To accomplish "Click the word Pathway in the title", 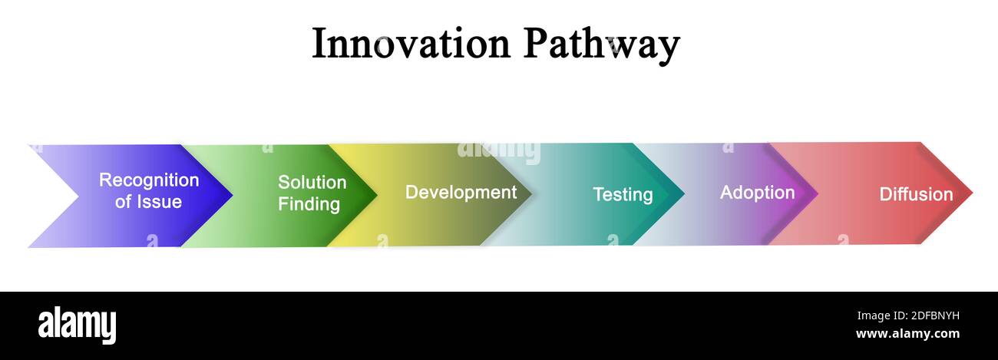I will pos(602,45).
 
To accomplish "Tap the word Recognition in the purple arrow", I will pos(149,180).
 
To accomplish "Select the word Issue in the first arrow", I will pos(160,202).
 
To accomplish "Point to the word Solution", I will pos(312,183).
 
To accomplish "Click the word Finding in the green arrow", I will pos(309,204).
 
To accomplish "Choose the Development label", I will pos(461,192).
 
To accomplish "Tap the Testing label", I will pos(623,195).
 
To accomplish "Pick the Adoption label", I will pos(757,193).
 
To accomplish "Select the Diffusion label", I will pos(916,194).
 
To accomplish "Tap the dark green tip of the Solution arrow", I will pos(374,195).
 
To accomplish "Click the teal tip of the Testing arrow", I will pos(680,193).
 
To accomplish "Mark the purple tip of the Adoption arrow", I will pos(815,193).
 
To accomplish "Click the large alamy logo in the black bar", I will pos(77,325).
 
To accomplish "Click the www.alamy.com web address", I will pos(907,334).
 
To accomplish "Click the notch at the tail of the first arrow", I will pos(76,196).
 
